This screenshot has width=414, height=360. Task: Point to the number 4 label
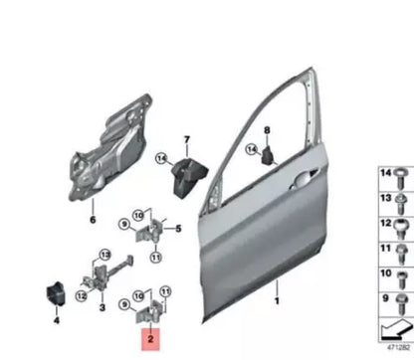(56, 320)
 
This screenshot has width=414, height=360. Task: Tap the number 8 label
(267, 131)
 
